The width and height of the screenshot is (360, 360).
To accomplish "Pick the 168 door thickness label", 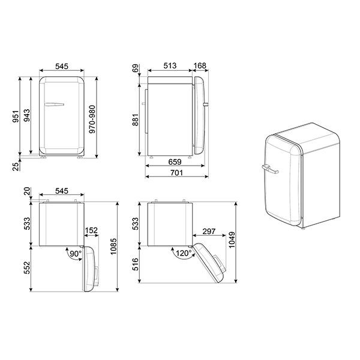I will [200, 67].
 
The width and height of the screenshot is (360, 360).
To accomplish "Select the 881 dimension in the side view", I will [136, 120].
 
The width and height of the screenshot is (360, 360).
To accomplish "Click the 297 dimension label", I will [209, 231].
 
